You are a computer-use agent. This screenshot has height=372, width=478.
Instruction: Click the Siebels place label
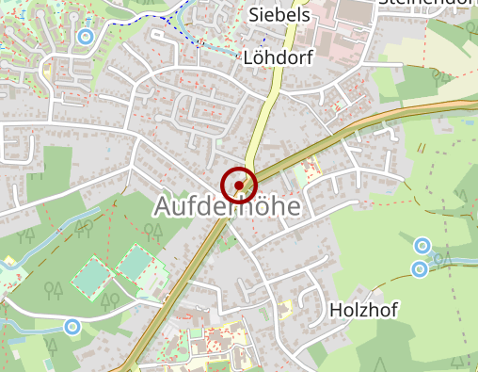[x=279, y=15]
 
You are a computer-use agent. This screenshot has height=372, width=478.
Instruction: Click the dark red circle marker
[x=239, y=185]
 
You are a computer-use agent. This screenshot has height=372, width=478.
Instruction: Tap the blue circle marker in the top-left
[x=86, y=38]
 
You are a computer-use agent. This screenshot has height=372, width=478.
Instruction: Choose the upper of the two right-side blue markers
[x=422, y=246]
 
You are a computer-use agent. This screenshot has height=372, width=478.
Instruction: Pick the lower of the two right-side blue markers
[x=420, y=269]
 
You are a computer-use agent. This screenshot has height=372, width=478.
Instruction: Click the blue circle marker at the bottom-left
[x=72, y=327]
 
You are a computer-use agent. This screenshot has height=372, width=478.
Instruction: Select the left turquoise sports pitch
[x=92, y=277]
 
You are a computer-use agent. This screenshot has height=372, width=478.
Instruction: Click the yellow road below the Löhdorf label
[x=269, y=104]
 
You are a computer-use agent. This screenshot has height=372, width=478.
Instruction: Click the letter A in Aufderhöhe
[x=162, y=206]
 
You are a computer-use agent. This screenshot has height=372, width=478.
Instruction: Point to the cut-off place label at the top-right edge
[x=428, y=3]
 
